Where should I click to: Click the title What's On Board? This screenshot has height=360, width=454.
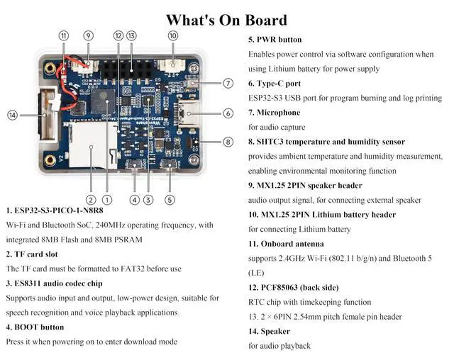227,20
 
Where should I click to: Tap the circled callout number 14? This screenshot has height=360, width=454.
12,115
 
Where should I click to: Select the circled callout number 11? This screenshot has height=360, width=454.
64,35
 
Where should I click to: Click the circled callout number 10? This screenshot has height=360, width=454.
172,35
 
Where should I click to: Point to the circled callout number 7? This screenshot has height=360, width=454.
228,83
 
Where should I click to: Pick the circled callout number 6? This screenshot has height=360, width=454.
228,113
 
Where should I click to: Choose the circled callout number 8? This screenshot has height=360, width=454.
228,142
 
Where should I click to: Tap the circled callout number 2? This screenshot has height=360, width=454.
91,199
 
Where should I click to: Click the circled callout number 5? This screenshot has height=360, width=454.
170,199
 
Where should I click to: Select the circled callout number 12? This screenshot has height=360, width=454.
118,35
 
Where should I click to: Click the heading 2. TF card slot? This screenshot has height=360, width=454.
32,254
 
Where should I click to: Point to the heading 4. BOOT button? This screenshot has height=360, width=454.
35,327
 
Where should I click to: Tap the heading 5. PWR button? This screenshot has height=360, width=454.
275,40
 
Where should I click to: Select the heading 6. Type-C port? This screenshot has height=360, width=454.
274,84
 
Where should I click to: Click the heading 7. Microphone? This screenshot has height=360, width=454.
274,113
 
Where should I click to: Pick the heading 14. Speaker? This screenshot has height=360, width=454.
270,332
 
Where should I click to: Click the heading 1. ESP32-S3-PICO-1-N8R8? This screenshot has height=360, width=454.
54,210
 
